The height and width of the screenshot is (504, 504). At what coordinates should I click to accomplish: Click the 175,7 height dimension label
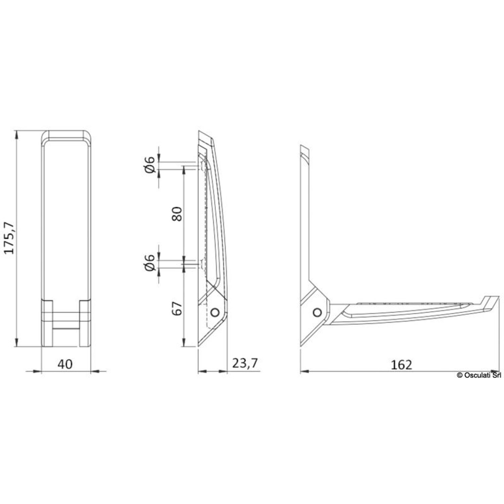(x=10, y=238)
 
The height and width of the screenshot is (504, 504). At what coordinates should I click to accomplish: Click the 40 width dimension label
(x=65, y=364)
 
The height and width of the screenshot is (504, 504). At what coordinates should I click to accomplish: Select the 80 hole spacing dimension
(x=177, y=214)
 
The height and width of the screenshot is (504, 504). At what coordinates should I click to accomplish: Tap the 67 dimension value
(x=177, y=308)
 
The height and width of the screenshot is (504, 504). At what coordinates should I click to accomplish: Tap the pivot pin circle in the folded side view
(x=214, y=312)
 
